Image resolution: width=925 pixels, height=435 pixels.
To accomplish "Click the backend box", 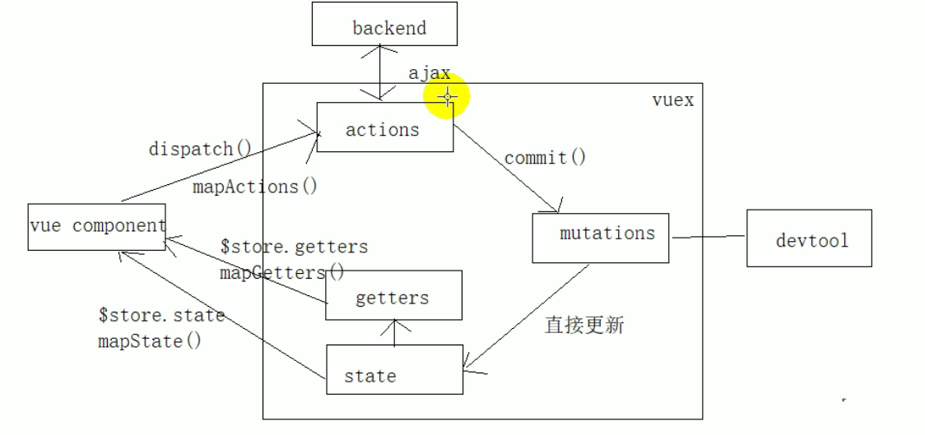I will click(x=383, y=25).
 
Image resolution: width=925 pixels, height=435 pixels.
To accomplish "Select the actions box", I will click(x=384, y=127).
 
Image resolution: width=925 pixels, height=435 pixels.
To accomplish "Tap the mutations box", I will click(x=600, y=238).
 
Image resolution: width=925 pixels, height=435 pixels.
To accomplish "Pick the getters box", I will click(x=393, y=295).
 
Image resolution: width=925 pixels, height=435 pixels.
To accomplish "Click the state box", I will click(x=394, y=369).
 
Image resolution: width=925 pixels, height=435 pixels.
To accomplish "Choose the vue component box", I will click(x=96, y=226).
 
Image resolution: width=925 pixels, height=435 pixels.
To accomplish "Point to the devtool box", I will click(x=809, y=238).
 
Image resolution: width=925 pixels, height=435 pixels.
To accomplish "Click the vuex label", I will click(x=672, y=101).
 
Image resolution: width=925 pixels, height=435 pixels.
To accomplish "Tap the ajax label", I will click(x=429, y=72).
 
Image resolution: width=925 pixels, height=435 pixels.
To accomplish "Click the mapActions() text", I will click(x=255, y=187).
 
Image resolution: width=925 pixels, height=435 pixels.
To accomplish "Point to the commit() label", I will click(x=545, y=157).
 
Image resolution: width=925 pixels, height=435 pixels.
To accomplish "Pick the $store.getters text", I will click(x=294, y=246).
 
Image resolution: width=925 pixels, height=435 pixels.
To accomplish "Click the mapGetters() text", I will click(x=282, y=272).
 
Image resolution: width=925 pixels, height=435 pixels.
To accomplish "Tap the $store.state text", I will click(x=161, y=315).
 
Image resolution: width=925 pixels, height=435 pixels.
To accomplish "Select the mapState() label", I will click(x=149, y=340).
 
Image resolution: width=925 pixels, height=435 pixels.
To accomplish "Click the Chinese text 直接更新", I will click(x=584, y=325).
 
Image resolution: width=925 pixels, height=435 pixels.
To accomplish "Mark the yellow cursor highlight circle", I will click(x=447, y=97).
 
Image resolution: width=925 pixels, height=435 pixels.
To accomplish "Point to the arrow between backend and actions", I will click(x=380, y=72).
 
